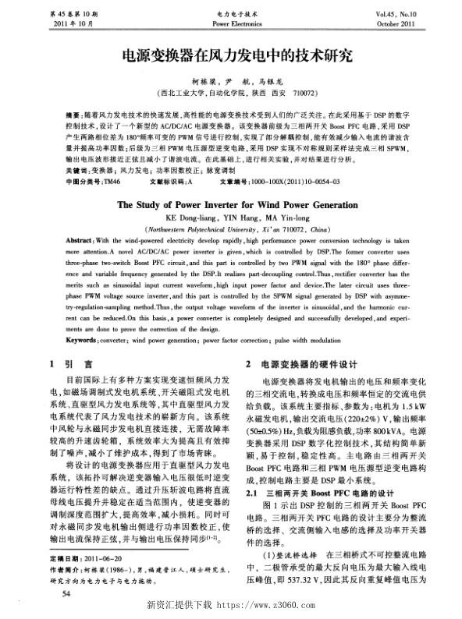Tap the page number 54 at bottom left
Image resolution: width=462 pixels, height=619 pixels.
53,594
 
